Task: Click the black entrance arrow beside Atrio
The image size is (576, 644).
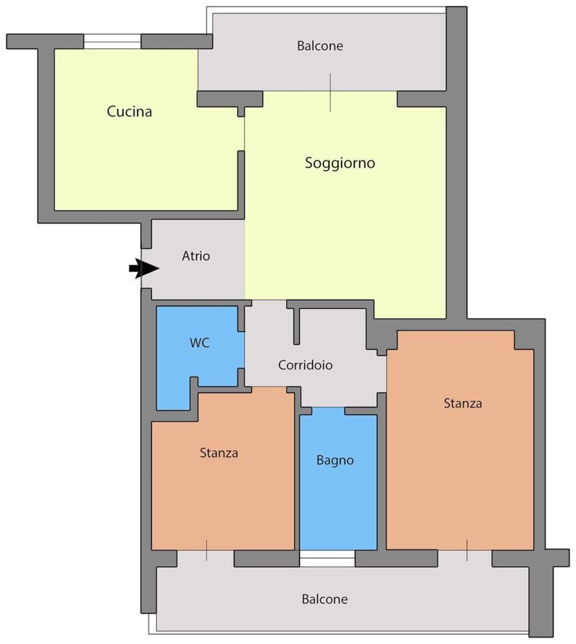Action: [144, 269]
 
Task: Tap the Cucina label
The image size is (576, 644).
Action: [130, 112]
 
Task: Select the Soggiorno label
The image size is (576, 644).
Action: [340, 164]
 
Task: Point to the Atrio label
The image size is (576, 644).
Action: [196, 256]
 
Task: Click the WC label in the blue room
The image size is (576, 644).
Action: [199, 343]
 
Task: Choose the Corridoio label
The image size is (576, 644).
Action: [305, 365]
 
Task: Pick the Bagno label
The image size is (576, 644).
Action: [335, 460]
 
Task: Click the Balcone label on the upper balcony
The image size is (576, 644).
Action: [320, 46]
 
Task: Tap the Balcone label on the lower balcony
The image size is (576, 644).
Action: [325, 600]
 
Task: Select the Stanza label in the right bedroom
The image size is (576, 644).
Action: [463, 404]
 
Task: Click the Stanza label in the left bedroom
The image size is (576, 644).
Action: [219, 453]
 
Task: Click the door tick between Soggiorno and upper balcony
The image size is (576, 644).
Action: [330, 92]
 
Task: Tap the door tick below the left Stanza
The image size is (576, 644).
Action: [206, 551]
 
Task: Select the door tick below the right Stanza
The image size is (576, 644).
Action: [467, 551]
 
